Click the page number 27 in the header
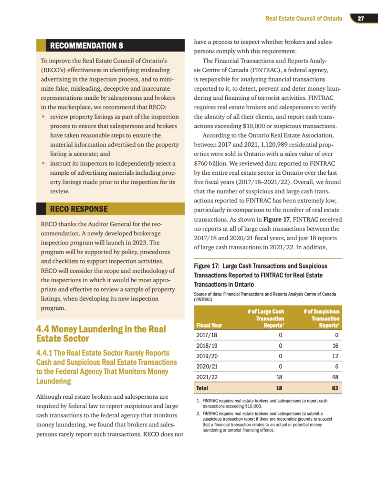tap(361, 19)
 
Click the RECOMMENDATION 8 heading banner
tap(86, 46)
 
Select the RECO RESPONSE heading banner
tap(79, 209)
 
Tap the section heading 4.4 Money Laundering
tap(101, 334)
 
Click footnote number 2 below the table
tap(198, 413)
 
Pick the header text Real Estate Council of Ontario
tap(304, 19)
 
